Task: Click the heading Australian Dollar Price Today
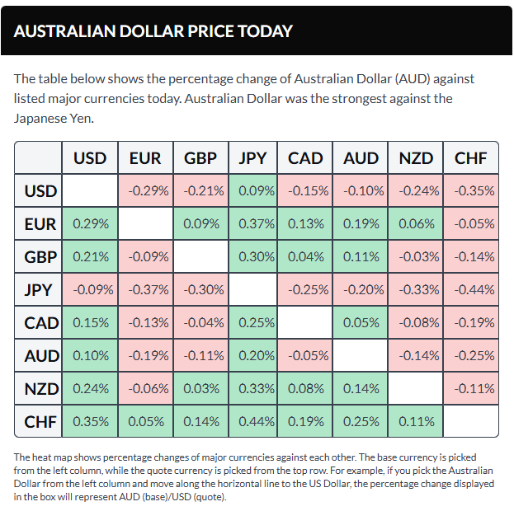click(x=153, y=31)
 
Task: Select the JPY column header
click(x=252, y=158)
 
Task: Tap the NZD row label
click(x=40, y=389)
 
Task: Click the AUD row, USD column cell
click(x=91, y=356)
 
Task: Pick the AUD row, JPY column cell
click(x=252, y=356)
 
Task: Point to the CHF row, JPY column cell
click(x=252, y=422)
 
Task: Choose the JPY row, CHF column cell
click(x=471, y=290)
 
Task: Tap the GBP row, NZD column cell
click(x=415, y=257)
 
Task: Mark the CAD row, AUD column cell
click(x=361, y=323)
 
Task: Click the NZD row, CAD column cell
click(x=306, y=389)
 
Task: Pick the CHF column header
click(x=471, y=158)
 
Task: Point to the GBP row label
click(x=40, y=257)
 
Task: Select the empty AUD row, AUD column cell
click(x=361, y=356)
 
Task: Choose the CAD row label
click(x=40, y=323)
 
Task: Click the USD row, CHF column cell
click(x=471, y=191)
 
